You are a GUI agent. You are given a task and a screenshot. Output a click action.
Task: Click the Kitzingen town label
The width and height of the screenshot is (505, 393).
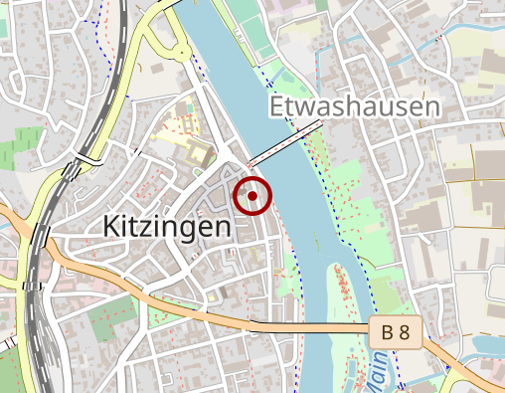[x=166, y=227]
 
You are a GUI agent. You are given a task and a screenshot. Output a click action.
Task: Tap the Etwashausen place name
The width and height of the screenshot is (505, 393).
[x=353, y=106]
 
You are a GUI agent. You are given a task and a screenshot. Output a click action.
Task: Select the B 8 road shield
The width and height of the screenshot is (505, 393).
[x=396, y=333]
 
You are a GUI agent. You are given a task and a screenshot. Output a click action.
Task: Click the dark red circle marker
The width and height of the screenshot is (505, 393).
[x=252, y=196]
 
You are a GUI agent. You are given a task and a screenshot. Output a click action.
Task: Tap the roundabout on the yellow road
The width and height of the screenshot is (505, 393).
[x=183, y=53]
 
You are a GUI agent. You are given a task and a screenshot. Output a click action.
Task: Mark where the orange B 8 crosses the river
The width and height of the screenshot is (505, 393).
[x=318, y=327]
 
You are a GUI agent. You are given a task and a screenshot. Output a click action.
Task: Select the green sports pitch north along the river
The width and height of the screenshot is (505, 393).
[x=260, y=30]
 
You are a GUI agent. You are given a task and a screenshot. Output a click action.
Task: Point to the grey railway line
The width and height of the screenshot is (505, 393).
[x=30, y=298]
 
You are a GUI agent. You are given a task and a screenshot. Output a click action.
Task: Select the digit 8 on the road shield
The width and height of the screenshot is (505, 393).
[x=404, y=333]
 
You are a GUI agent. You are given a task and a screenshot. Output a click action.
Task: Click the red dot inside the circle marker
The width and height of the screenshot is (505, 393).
[x=252, y=196]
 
